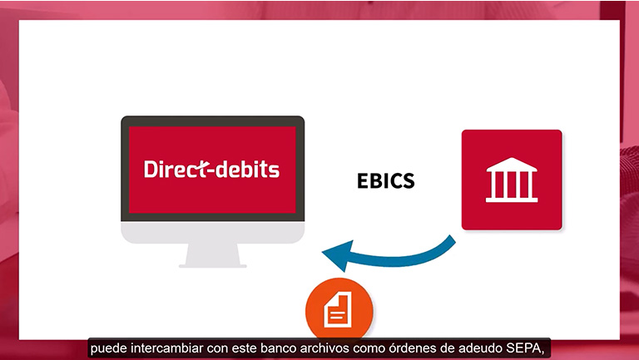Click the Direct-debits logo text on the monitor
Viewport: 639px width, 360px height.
click(x=211, y=169)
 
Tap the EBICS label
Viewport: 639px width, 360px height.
click(x=386, y=180)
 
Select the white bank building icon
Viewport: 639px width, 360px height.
click(x=512, y=180)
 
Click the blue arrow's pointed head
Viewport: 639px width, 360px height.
click(x=337, y=255)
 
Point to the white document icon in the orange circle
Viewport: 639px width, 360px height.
click(x=338, y=310)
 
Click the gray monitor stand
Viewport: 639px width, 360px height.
click(x=213, y=255)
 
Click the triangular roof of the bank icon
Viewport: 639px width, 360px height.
click(x=512, y=164)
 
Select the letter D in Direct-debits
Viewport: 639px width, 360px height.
click(x=151, y=170)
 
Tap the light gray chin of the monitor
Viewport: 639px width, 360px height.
click(x=213, y=232)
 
